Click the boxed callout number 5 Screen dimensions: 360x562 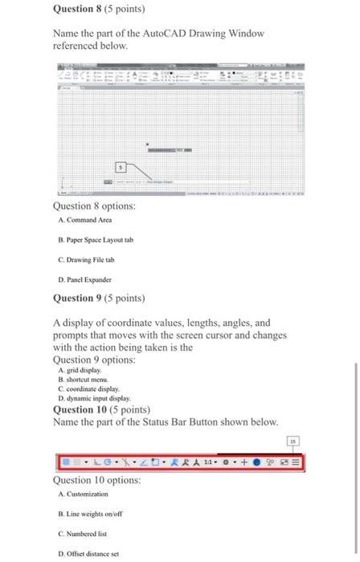click(121, 168)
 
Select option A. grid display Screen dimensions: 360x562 click(81, 371)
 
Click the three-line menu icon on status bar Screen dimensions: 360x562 click(297, 462)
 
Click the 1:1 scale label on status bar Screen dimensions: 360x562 click(207, 462)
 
